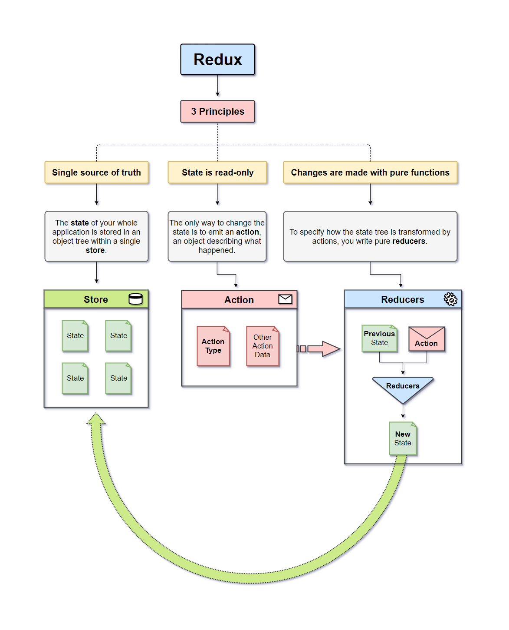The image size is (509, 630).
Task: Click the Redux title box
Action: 217,60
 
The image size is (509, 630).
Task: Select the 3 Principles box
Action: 217,112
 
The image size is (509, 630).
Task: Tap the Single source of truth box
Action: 96,172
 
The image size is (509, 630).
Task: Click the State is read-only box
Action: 217,172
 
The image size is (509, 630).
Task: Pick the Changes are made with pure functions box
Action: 370,172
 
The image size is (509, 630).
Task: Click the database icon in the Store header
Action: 136,299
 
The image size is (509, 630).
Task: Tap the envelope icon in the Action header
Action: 285,299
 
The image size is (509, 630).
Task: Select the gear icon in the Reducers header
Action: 450,299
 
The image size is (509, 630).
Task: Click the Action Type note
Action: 213,346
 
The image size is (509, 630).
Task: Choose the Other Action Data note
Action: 263,346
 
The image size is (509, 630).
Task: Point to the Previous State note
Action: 379,338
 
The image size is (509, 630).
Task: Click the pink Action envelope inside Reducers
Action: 427,339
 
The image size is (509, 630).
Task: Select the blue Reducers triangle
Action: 403,388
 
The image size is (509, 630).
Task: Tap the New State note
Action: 403,439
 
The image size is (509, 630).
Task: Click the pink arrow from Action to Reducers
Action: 321,349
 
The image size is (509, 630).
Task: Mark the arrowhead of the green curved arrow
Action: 96,420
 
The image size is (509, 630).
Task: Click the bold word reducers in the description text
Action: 408,241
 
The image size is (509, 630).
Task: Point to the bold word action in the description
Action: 247,232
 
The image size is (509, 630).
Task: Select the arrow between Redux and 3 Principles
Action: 217,86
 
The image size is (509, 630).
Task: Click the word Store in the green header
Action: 96,299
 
